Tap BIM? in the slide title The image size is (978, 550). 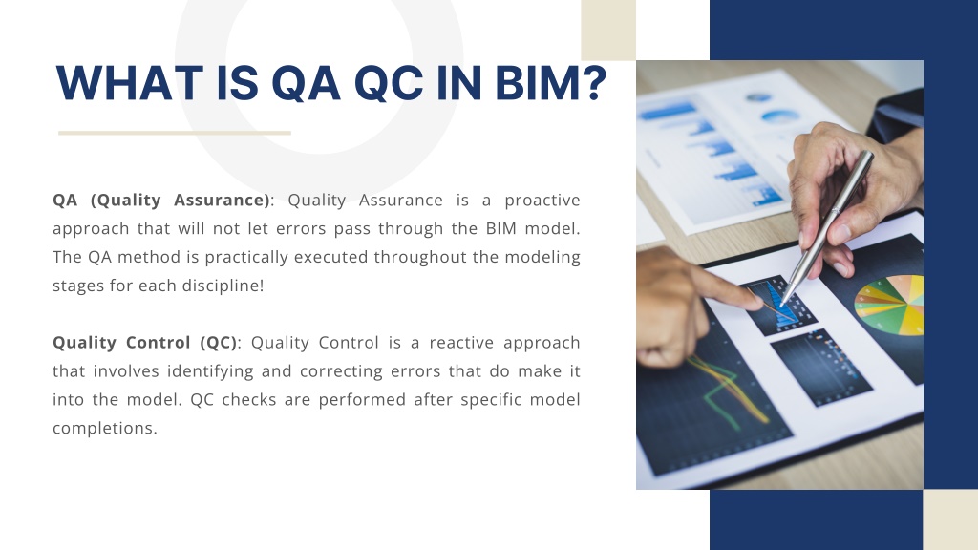(551, 83)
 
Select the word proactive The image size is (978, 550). (542, 201)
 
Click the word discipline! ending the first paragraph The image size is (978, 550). (223, 286)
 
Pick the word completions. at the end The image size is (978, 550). (105, 429)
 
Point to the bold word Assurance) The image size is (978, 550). (222, 201)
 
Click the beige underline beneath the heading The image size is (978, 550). (175, 133)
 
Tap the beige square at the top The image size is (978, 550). (608, 30)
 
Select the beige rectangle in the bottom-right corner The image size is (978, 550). (950, 519)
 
